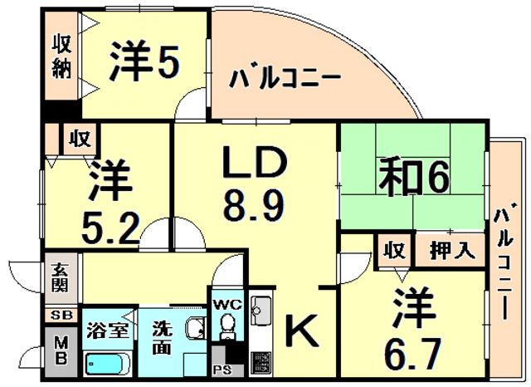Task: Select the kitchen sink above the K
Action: tap(261, 311)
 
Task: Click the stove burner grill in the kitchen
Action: tap(261, 364)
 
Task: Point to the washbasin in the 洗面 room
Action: tap(196, 328)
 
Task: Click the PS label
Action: tap(222, 370)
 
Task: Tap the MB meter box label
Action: tap(61, 351)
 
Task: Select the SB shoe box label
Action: tap(62, 316)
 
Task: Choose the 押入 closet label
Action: tap(452, 251)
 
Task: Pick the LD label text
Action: tap(255, 162)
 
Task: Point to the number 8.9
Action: tap(254, 204)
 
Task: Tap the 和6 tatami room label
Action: tap(415, 177)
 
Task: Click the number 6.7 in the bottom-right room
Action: tap(413, 355)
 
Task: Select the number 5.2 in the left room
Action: tap(110, 228)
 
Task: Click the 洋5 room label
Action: tap(144, 61)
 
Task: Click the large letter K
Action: tap(302, 330)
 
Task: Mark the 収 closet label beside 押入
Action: tap(395, 251)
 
